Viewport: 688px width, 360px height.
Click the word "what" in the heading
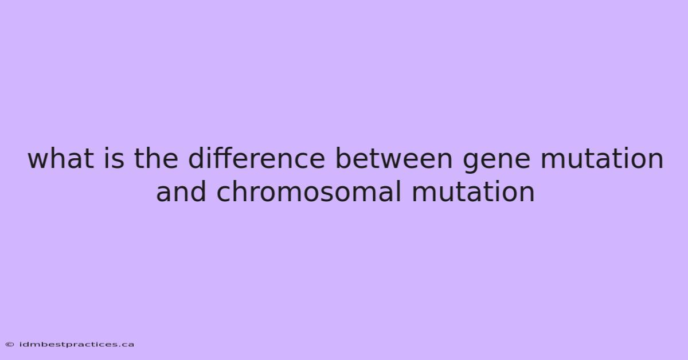click(61, 158)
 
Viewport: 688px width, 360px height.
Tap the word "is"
click(114, 158)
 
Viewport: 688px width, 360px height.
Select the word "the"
click(156, 158)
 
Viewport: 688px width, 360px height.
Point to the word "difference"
click(256, 158)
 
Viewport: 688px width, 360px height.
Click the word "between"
click(394, 158)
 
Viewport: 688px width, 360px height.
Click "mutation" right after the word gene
click(602, 158)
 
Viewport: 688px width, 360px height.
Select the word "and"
click(181, 191)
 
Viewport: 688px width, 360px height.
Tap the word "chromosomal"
click(308, 191)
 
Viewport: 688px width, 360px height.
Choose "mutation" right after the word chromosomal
click(473, 192)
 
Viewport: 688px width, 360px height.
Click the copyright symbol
click(10, 345)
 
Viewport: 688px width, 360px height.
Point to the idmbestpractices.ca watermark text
click(76, 345)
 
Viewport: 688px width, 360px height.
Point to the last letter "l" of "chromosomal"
click(399, 191)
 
